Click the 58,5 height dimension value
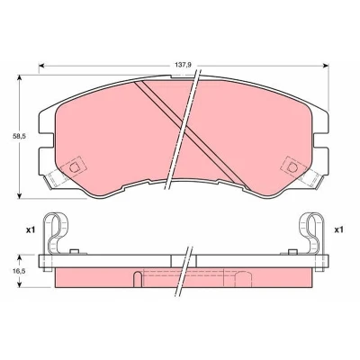point(20,136)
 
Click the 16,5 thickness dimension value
point(20,271)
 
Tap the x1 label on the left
point(31,230)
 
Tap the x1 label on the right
point(338,230)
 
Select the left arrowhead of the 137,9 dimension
point(42,66)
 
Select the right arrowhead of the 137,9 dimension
point(326,66)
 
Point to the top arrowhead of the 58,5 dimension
point(20,78)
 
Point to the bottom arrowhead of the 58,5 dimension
point(20,195)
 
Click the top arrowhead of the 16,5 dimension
point(20,258)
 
